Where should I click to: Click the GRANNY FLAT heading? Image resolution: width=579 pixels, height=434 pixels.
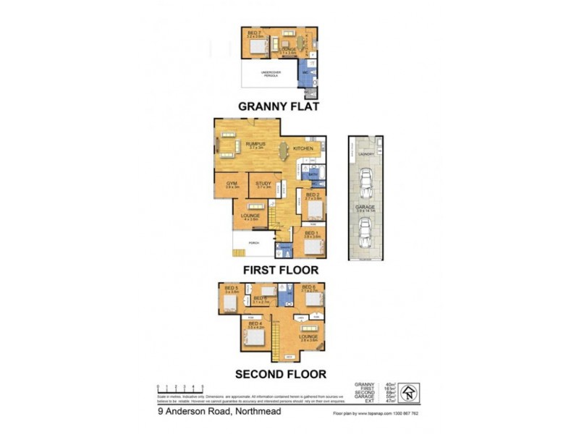click(279, 106)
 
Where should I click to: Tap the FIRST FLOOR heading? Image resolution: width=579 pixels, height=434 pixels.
click(282, 269)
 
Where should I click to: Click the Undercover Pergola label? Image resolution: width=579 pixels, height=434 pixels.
click(270, 74)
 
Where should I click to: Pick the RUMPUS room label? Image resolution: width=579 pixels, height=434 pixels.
click(256, 144)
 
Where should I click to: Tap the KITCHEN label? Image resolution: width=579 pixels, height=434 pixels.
click(303, 148)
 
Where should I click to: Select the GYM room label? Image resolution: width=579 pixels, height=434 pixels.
click(232, 184)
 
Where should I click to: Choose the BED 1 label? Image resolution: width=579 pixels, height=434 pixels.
click(312, 234)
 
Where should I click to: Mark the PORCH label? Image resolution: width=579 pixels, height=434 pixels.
click(254, 243)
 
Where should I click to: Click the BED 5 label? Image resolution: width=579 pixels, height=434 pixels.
click(232, 289)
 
